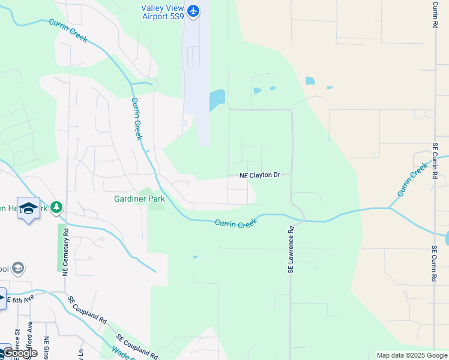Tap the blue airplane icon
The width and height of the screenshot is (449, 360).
click(x=193, y=11)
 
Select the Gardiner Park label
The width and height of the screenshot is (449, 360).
click(x=140, y=199)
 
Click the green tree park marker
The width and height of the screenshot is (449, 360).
click(x=56, y=207)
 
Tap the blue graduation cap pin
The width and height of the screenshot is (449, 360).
click(x=28, y=208)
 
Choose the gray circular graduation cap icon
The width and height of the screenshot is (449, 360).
click(x=18, y=268)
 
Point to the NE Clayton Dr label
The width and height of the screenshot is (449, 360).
click(x=260, y=175)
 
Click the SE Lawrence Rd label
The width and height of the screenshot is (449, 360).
click(x=291, y=250)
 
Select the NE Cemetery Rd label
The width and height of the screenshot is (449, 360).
click(x=65, y=252)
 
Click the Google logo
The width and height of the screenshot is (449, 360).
click(x=19, y=353)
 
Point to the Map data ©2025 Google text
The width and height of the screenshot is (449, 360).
click(x=412, y=355)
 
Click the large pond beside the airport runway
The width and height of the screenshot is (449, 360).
click(x=217, y=100)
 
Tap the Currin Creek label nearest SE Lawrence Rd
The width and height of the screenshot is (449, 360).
click(x=236, y=223)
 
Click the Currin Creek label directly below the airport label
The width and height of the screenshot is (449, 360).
click(x=137, y=118)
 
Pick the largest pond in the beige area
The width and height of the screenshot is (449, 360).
click(x=310, y=81)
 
